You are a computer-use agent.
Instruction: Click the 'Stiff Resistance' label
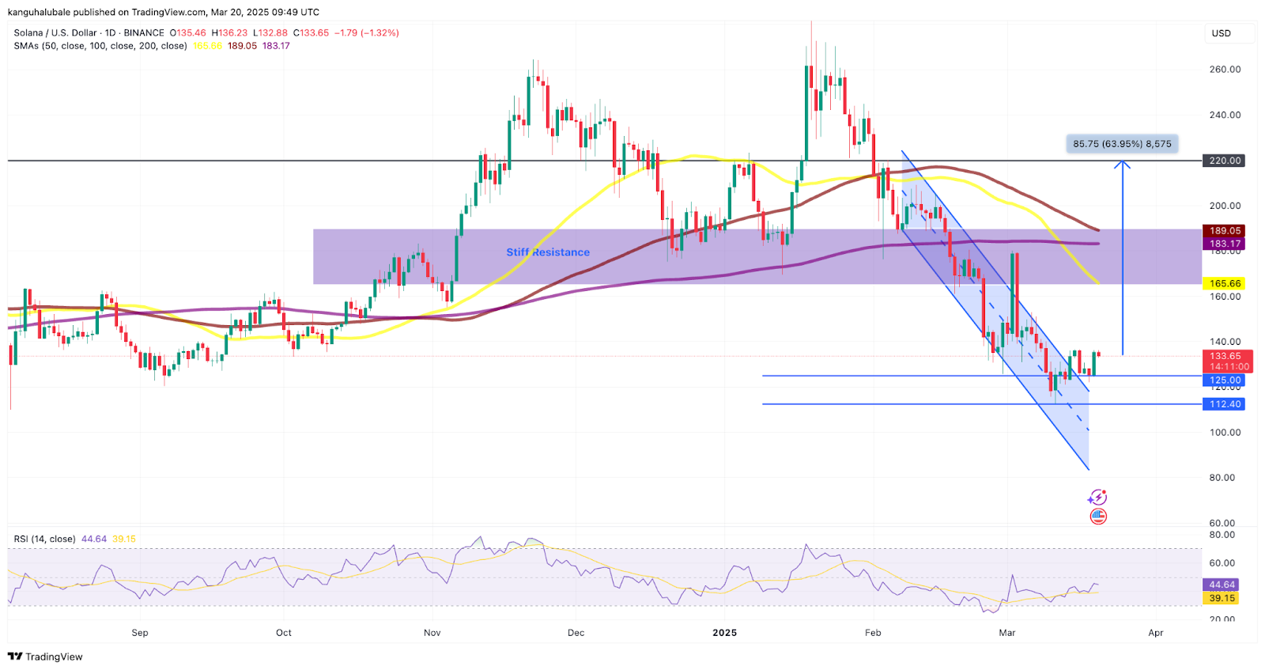coord(548,252)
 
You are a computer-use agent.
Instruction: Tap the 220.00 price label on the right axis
coord(1225,161)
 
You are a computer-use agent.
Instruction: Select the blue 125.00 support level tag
coord(1225,380)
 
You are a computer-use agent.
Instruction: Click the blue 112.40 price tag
coord(1225,404)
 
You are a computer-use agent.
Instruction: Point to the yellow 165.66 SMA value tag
coord(1225,283)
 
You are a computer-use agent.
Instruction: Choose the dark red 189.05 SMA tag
coord(1225,231)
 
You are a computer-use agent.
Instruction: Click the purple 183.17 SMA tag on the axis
coord(1225,244)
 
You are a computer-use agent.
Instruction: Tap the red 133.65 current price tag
coord(1225,357)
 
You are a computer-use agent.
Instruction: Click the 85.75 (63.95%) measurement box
coord(1122,144)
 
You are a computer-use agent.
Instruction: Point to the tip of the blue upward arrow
coord(1122,162)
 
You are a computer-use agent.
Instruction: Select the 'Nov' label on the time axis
coord(432,633)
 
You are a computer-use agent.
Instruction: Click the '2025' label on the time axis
coord(724,633)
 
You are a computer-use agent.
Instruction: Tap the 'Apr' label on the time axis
coord(1156,633)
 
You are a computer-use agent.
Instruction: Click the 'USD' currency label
coord(1222,33)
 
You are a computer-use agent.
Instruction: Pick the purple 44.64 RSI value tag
coord(1222,585)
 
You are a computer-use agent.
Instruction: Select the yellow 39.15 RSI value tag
coord(1222,598)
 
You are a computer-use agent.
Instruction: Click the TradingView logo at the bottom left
coord(45,657)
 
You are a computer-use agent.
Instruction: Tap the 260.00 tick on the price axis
coord(1225,70)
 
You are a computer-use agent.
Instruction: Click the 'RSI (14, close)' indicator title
coord(44,539)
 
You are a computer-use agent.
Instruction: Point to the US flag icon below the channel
coord(1098,517)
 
